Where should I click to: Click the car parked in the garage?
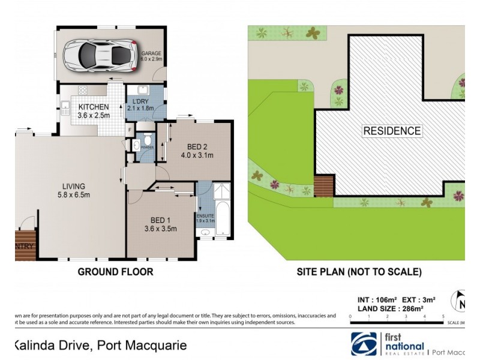coord(99,55)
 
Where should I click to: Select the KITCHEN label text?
coord(94,107)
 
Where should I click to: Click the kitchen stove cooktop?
coord(82,91)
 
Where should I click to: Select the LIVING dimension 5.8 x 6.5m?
coord(71,195)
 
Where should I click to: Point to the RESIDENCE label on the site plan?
coord(392,131)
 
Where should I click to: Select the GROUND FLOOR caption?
coord(115,272)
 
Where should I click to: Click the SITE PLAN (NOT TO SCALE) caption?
coord(359,272)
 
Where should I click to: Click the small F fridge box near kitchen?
coord(130,129)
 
